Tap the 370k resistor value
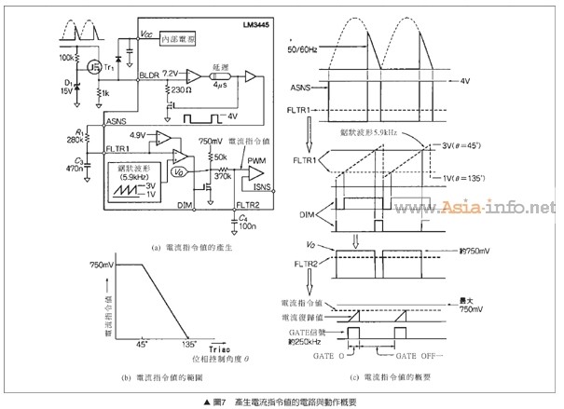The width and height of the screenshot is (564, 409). coord(221,175)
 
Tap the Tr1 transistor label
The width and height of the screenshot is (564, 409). coord(109,68)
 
